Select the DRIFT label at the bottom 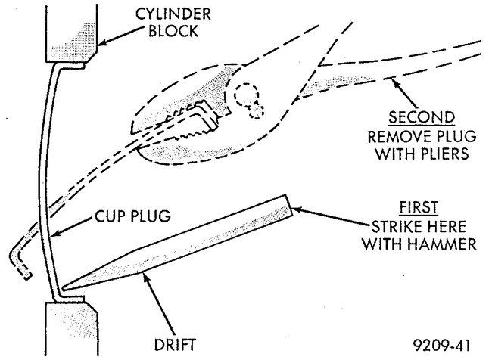click(x=176, y=346)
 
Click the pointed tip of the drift click(x=64, y=288)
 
